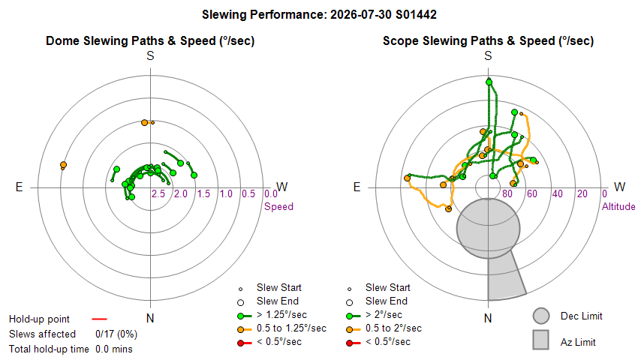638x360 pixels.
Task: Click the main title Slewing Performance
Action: tap(319, 15)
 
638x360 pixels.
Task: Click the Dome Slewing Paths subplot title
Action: tap(150, 40)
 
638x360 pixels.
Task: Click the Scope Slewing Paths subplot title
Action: tap(488, 40)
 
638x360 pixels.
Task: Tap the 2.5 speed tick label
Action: tap(158, 193)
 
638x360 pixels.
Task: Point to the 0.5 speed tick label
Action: tap(248, 193)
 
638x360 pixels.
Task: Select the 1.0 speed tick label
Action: tap(226, 193)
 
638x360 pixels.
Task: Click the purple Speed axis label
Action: tap(278, 207)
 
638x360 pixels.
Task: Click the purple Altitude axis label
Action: tap(618, 207)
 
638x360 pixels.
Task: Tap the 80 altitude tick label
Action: tap(507, 193)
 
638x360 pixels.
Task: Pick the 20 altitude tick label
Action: tap(582, 193)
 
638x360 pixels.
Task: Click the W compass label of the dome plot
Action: tap(282, 187)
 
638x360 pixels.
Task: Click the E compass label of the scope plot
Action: tap(357, 187)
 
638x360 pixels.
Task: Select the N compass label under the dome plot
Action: tap(150, 318)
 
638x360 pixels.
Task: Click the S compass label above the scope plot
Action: tap(488, 55)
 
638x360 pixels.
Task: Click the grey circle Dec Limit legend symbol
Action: tap(541, 316)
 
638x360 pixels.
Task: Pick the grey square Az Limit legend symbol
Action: tap(541, 340)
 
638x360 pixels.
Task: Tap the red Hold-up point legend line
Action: tap(99, 319)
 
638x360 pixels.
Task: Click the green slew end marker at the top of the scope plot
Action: tap(489, 82)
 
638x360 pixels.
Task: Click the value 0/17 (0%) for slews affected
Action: tap(116, 334)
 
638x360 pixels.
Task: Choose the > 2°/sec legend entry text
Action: tap(384, 315)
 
